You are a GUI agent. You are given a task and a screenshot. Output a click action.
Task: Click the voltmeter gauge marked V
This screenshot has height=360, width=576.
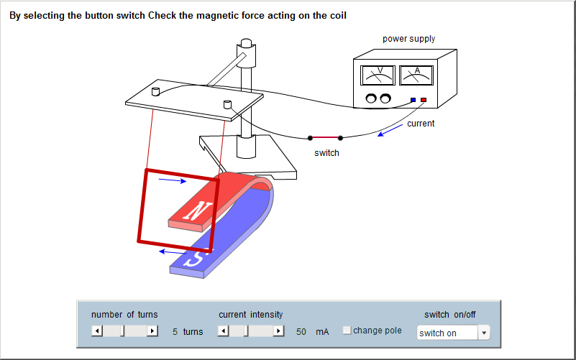pos(378,75)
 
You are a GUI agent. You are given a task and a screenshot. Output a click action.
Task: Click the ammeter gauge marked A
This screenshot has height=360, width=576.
pos(416,75)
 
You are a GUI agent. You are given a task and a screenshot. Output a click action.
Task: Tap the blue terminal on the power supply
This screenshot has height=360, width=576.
pos(413,100)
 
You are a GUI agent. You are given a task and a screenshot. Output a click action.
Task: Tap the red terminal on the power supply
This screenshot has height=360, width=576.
pos(424,100)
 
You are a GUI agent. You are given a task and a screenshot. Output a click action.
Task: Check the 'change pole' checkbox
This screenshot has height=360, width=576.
pos(347,331)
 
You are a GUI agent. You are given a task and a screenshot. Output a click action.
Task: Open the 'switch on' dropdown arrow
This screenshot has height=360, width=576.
pos(484,333)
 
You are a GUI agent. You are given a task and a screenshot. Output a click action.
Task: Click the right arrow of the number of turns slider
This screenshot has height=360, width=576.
pos(152,331)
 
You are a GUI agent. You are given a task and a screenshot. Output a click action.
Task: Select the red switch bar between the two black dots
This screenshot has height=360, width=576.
pos(325,137)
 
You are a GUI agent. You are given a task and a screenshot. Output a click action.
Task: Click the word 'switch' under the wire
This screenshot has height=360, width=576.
pos(326,153)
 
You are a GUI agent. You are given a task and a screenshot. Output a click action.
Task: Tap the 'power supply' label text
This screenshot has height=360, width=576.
pos(408,39)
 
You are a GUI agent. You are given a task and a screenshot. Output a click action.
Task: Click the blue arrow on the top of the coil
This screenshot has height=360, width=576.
pos(171,181)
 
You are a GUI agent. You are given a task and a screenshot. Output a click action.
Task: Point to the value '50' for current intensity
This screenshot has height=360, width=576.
pos(301,332)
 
